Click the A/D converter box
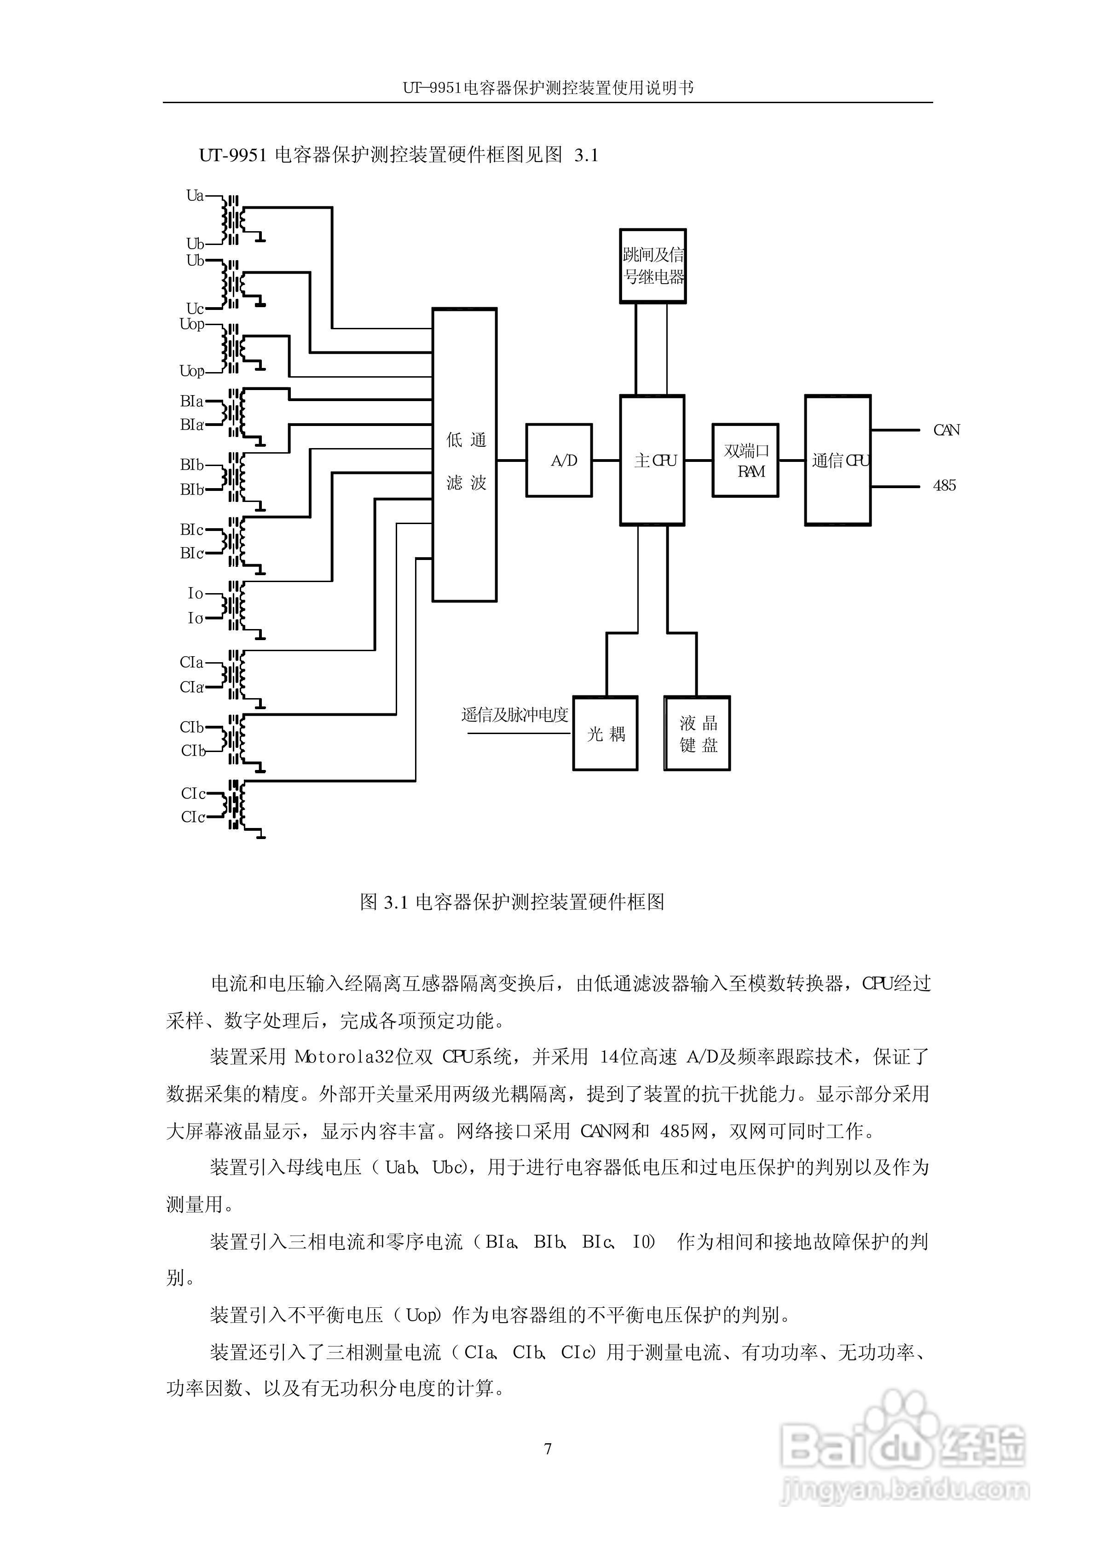[x=559, y=460]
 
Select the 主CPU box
[x=652, y=460]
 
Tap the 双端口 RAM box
[x=745, y=460]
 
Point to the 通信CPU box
[x=837, y=460]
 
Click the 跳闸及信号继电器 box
[x=652, y=266]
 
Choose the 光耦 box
[x=605, y=733]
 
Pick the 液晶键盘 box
[x=697, y=733]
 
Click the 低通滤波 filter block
[x=465, y=455]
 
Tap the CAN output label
[x=946, y=430]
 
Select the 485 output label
[x=944, y=485]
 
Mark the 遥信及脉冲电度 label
[x=515, y=715]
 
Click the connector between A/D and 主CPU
[x=606, y=460]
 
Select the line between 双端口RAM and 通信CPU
[x=791, y=460]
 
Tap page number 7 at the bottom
[x=548, y=1448]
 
